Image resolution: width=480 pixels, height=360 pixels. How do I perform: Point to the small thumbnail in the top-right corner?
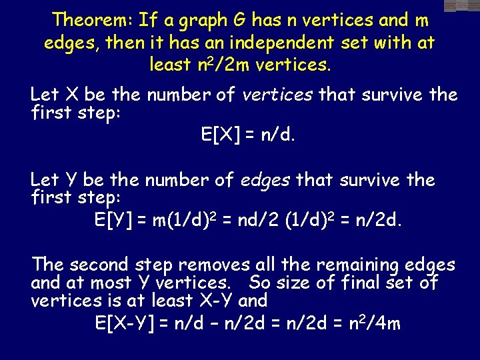462,6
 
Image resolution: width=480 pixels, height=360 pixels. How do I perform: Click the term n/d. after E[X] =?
277,135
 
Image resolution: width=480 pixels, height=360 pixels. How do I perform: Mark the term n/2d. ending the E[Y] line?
380,221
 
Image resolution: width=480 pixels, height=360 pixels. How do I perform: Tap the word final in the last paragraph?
361,283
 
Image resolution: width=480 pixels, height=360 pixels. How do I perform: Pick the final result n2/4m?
378,323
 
